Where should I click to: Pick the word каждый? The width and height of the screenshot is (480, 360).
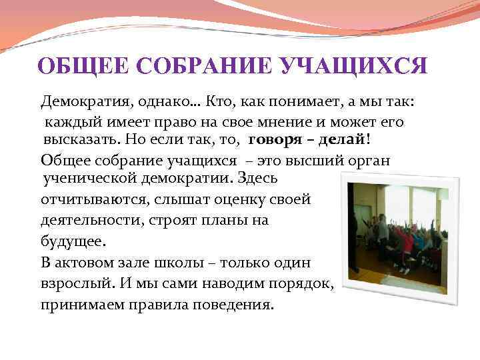(69, 123)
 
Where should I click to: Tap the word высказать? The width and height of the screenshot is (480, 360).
(81, 140)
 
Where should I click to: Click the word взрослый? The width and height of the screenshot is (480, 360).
(74, 285)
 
